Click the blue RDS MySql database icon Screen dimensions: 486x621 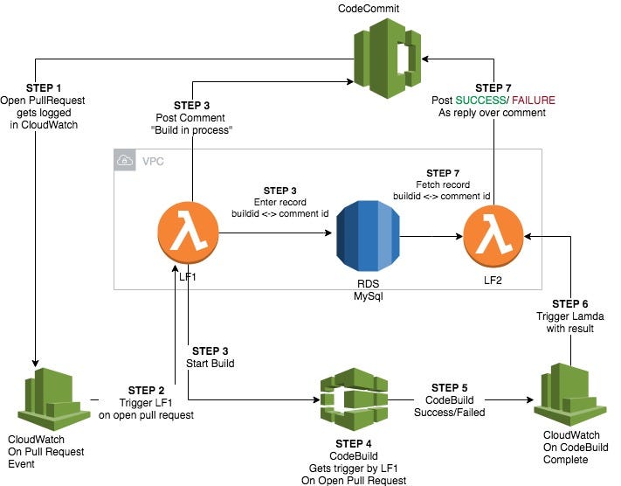click(367, 236)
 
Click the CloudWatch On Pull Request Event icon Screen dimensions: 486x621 click(58, 398)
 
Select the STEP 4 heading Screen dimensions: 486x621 click(349, 442)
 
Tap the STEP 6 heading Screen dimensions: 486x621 click(572, 303)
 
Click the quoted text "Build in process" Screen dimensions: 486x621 click(197, 130)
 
